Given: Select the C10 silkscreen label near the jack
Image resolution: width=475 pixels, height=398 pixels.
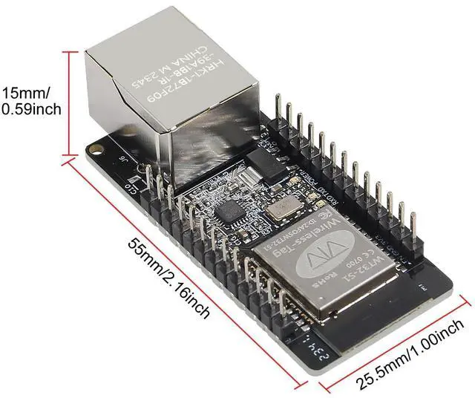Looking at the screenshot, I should tap(133, 187).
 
